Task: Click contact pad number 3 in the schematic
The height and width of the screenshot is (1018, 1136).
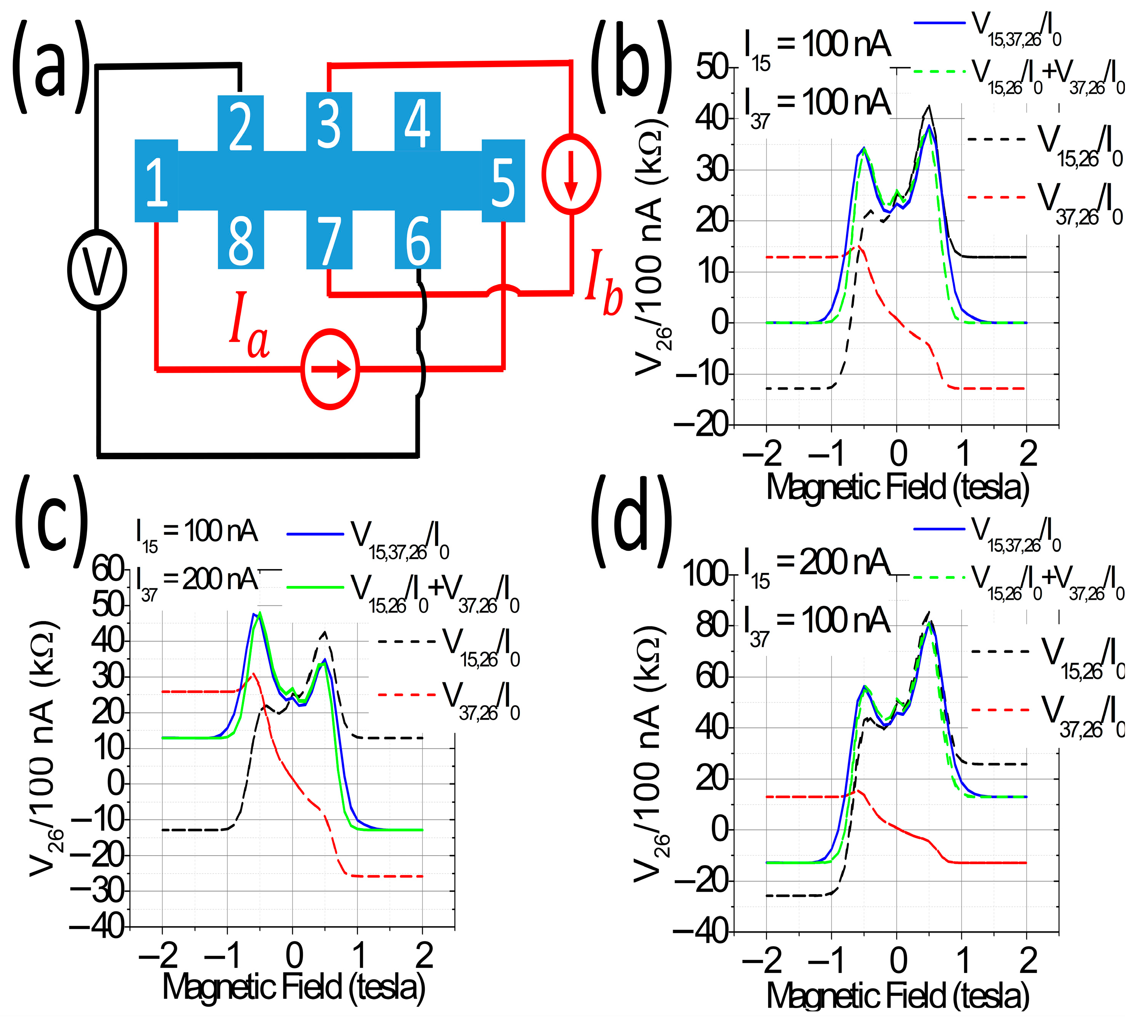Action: point(329,122)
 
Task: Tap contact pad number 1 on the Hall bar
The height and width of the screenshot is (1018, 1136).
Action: point(156,181)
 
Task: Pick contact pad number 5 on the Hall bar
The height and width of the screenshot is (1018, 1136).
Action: point(503,181)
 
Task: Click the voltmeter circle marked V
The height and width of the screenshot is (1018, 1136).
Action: point(97,270)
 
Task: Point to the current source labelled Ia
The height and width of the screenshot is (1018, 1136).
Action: point(330,369)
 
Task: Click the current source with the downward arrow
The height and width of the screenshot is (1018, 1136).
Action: point(571,173)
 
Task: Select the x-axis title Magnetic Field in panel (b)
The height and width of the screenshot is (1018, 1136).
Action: point(897,487)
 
